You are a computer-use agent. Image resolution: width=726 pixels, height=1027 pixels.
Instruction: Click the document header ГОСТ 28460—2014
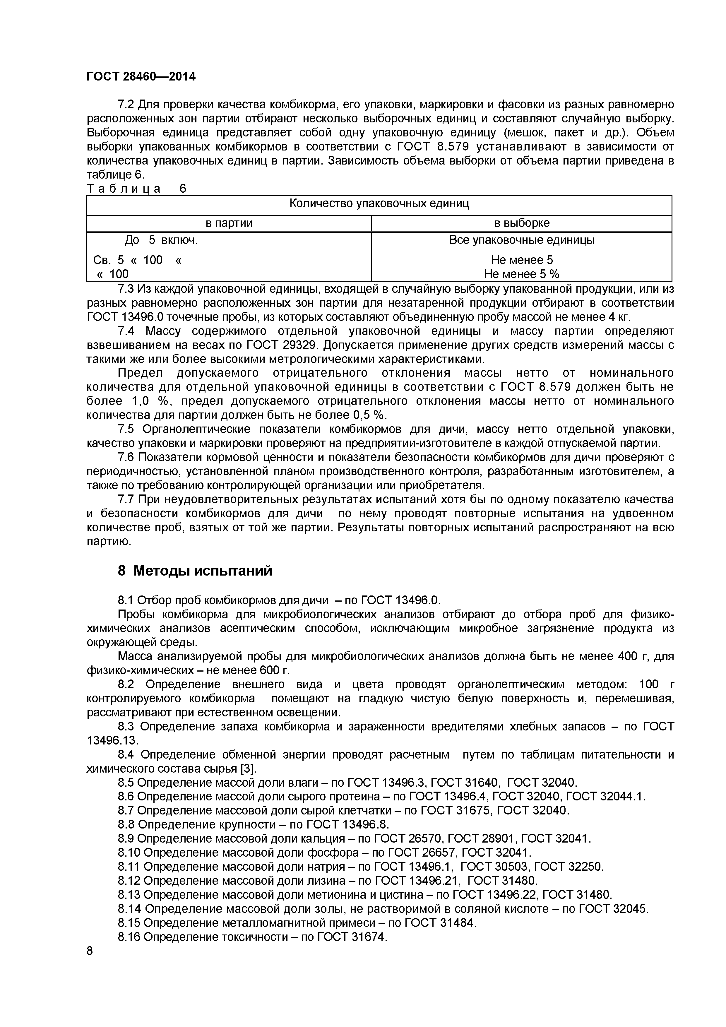tap(141, 77)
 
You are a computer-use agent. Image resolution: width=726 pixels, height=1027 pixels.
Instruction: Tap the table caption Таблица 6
tap(136, 189)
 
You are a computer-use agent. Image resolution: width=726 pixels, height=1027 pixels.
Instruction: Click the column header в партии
tap(229, 223)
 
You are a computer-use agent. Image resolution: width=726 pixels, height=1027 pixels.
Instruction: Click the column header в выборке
tap(522, 223)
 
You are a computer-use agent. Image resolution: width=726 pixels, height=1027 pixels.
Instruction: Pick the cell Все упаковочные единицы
tap(522, 240)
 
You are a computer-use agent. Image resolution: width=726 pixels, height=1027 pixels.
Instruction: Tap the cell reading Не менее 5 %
tap(522, 274)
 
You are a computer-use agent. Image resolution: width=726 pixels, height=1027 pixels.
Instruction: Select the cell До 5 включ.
tap(161, 240)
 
